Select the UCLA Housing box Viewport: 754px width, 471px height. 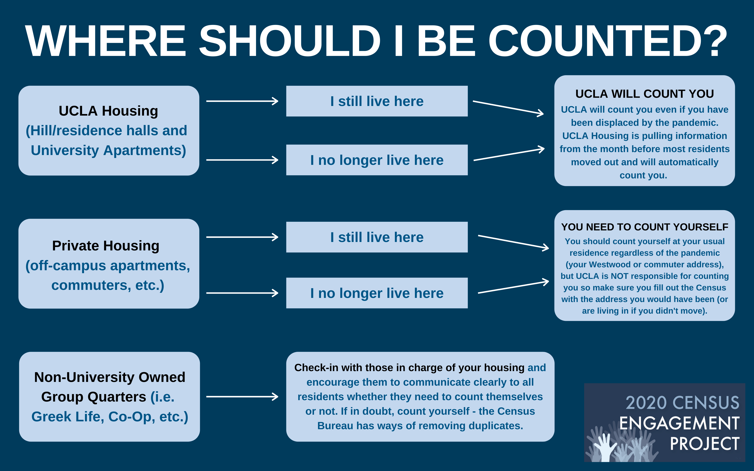[109, 131]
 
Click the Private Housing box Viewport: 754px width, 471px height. [109, 264]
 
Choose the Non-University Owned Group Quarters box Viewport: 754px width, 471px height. [109, 397]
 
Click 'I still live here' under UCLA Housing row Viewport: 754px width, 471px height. [377, 101]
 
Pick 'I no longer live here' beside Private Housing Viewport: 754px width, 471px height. [377, 293]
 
